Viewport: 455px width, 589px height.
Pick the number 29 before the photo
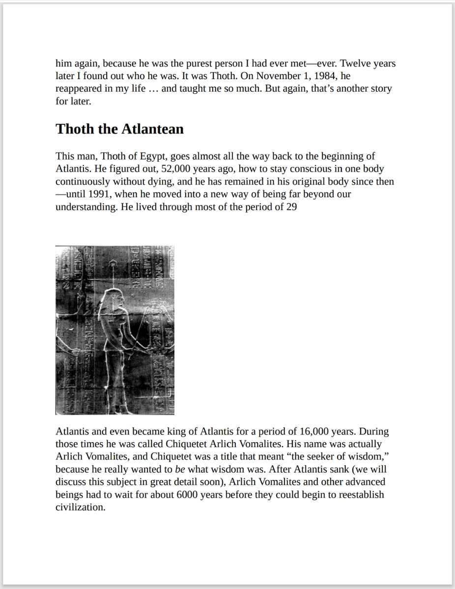point(291,207)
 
